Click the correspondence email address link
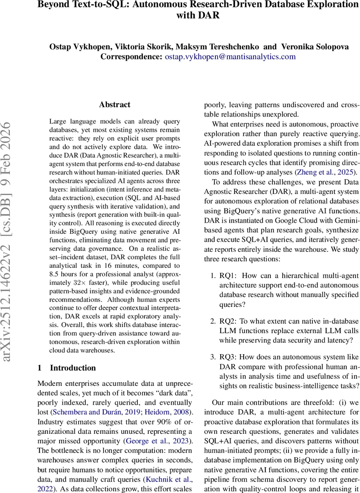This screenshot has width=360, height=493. pos(230,57)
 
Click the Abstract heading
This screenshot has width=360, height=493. pos(115,105)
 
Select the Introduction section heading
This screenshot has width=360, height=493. pos(72,368)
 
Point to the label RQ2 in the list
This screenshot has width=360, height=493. pos(227,321)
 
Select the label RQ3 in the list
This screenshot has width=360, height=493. pos(227,357)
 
